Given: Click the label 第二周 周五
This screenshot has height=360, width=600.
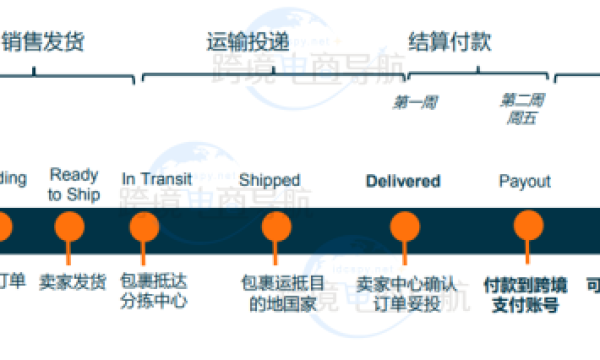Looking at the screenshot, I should pos(522,109).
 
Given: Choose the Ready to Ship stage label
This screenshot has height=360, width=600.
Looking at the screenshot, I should pos(74,184).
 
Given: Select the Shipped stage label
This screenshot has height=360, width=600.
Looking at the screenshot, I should pos(269,180).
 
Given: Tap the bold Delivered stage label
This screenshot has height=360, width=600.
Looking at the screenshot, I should pos(403,181).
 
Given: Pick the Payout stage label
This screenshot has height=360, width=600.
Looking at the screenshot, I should pos(524,181).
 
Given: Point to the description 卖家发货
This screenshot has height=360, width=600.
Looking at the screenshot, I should pos(73,283).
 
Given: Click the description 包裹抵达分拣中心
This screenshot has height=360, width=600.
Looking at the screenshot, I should pos(153,291).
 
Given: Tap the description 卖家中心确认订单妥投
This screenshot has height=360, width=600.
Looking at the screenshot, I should pos(406,292).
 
